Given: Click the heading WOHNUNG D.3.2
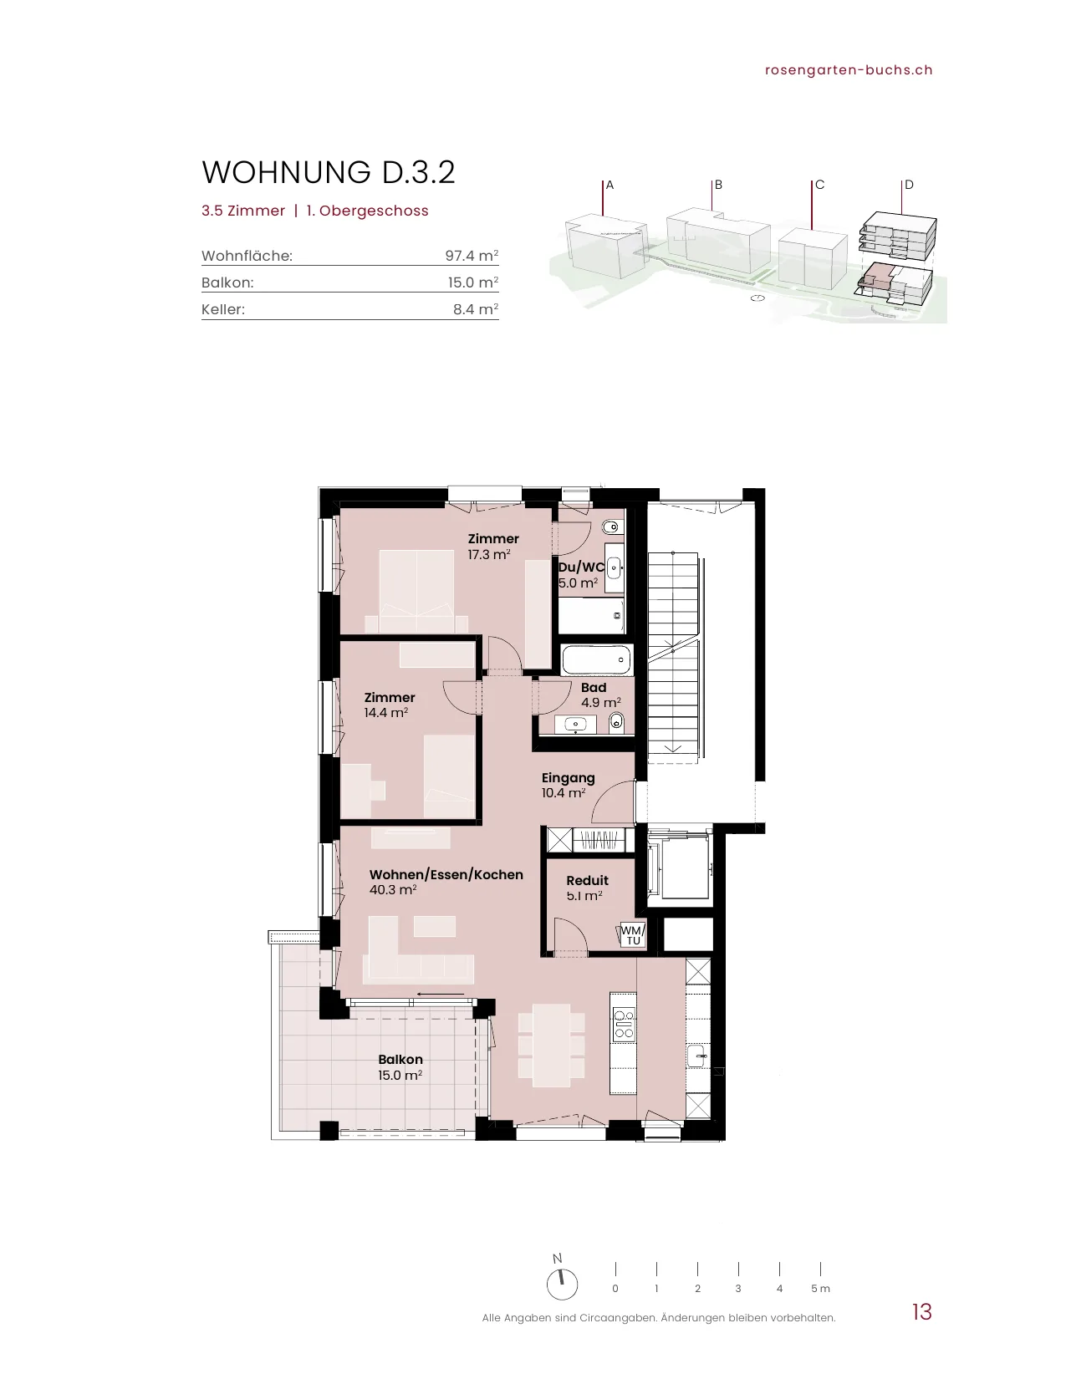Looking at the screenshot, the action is [x=329, y=172].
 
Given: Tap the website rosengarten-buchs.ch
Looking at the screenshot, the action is [x=849, y=70].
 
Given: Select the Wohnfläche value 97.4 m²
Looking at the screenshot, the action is [x=471, y=255].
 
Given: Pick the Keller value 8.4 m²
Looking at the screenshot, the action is [x=476, y=309].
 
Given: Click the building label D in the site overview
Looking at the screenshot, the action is [x=909, y=185].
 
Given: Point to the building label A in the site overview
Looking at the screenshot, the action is [x=610, y=185].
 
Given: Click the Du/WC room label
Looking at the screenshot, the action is [x=580, y=567].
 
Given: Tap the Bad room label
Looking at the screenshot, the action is [x=594, y=687].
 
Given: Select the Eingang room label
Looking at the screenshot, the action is [x=568, y=778].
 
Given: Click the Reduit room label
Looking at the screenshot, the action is [x=587, y=880].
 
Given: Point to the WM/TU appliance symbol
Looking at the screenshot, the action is [x=632, y=934].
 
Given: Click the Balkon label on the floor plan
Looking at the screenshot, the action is [x=400, y=1059].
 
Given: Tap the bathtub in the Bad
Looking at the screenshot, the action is [x=596, y=660].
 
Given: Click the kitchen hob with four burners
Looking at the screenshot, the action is [x=624, y=1025].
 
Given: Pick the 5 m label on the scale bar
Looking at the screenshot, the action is [x=820, y=1288].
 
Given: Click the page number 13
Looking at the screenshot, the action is [x=922, y=1312].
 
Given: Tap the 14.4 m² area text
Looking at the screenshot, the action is [x=386, y=713].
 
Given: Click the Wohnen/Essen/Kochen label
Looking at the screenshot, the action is [x=446, y=874].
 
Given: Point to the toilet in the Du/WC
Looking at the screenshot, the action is [x=611, y=527].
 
